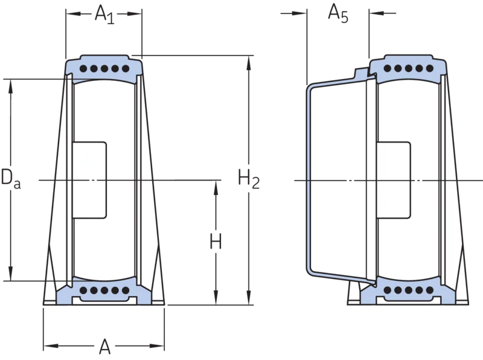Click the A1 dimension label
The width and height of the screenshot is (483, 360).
click(x=104, y=14)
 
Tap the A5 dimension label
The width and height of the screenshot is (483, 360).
click(x=338, y=14)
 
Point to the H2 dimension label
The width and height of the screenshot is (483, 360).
click(x=249, y=179)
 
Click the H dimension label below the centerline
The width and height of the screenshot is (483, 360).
click(x=216, y=242)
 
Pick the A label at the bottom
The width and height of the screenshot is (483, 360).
click(x=104, y=347)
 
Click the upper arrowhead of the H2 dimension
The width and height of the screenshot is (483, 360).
click(x=249, y=63)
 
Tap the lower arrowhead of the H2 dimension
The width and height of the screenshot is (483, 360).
click(x=249, y=298)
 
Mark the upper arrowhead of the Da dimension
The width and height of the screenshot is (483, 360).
click(x=11, y=86)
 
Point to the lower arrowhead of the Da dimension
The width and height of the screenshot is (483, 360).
click(x=11, y=274)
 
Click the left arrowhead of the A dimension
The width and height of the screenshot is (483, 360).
click(x=51, y=346)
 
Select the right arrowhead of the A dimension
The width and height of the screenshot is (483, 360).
click(x=157, y=346)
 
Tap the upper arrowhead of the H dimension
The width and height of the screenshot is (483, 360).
click(x=216, y=187)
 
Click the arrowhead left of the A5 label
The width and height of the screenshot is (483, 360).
click(x=299, y=13)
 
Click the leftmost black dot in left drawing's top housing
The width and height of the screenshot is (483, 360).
click(x=83, y=68)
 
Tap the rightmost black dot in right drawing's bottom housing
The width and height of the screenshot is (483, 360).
click(x=429, y=290)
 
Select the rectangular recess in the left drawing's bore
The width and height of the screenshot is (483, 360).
click(x=89, y=181)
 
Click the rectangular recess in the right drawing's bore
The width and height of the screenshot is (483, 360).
click(x=394, y=181)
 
